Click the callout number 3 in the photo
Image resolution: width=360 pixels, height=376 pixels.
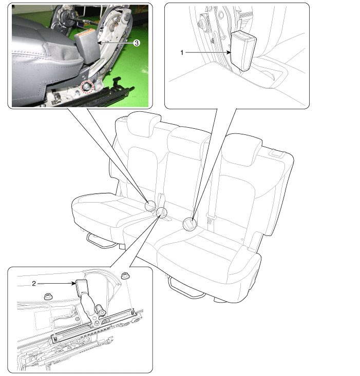click(137, 43)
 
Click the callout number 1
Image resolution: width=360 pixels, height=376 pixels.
click(182, 52)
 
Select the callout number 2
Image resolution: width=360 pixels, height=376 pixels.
click(34, 284)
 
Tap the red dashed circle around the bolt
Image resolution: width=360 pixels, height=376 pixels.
click(87, 87)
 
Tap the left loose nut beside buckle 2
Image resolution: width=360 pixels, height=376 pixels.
click(48, 296)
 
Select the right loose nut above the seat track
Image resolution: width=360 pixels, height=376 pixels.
click(125, 275)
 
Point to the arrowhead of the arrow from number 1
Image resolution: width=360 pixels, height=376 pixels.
click(229, 52)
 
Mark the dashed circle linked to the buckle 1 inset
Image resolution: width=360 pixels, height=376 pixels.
click(190, 224)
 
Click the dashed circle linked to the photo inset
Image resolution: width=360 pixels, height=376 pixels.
click(150, 206)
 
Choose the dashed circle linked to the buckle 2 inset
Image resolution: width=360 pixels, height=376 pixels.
click(162, 212)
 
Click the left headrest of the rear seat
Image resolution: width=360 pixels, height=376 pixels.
click(143, 125)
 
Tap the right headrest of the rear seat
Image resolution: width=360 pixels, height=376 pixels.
click(242, 150)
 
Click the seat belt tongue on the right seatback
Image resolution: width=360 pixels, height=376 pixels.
click(211, 217)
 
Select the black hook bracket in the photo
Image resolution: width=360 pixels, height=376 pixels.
click(122, 85)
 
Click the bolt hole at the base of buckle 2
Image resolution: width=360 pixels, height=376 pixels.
click(97, 323)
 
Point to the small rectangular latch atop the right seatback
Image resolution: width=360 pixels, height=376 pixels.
click(277, 153)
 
